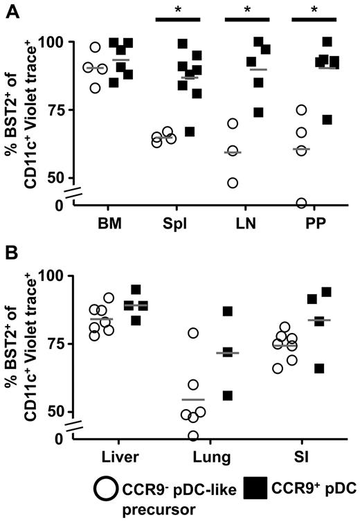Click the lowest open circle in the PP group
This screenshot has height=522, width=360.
coord(301,203)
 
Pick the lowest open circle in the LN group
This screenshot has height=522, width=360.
coord(233,183)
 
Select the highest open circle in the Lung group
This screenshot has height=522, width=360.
coord(193,333)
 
